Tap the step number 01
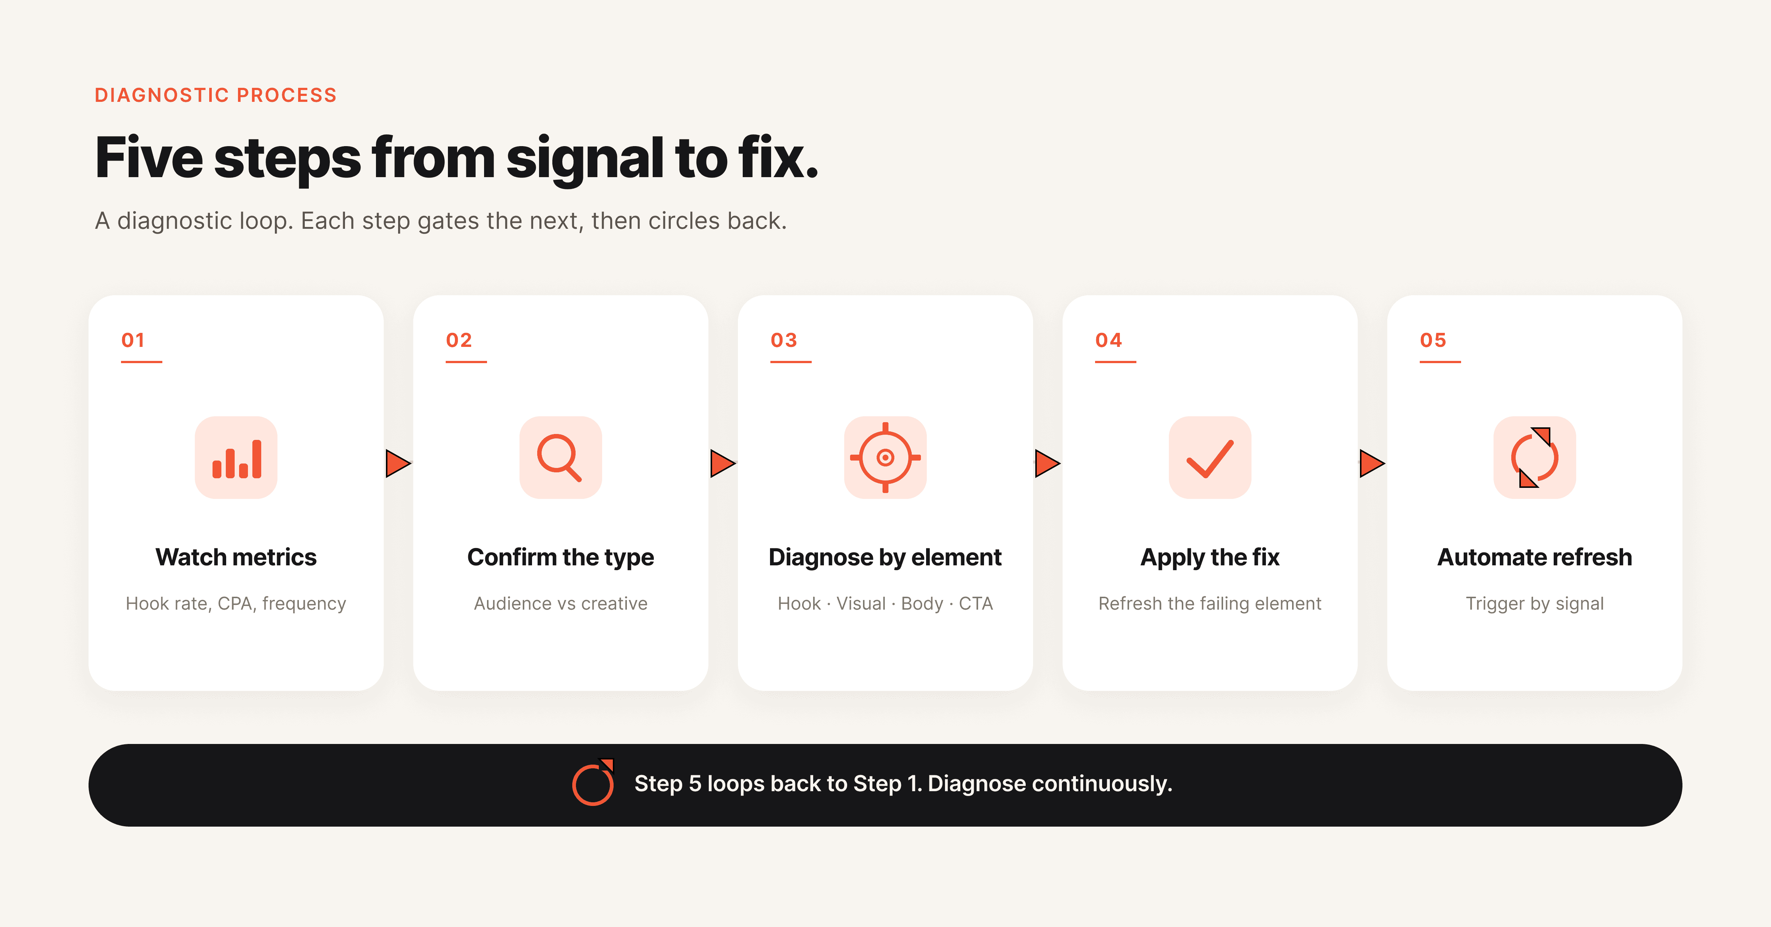click(133, 340)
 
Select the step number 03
click(784, 340)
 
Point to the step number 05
click(1433, 340)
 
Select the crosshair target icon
click(885, 457)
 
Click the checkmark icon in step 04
click(1210, 459)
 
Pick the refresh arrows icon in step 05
click(1534, 457)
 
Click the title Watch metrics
click(236, 557)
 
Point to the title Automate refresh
click(1534, 557)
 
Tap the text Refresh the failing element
click(1210, 604)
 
